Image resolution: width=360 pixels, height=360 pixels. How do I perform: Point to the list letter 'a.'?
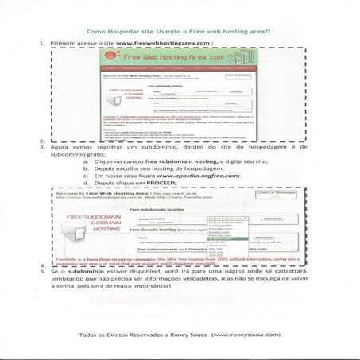click(x=87, y=161)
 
